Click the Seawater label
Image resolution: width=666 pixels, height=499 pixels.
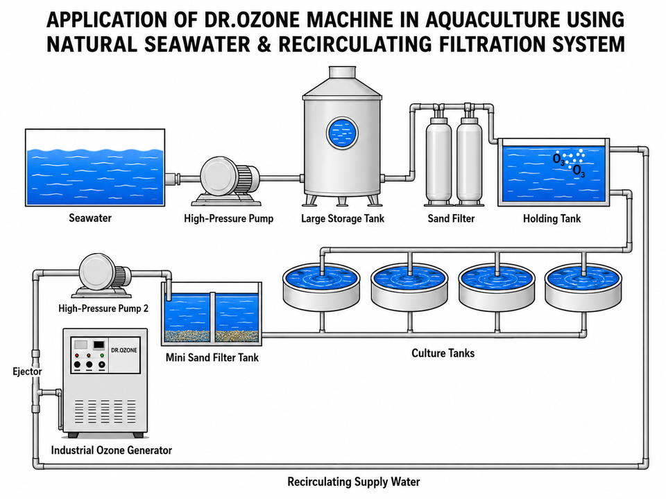point(90,218)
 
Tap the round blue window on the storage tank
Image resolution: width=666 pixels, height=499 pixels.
point(342,133)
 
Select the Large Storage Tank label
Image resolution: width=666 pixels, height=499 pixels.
point(342,218)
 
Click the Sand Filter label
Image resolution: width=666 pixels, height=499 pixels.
point(451,218)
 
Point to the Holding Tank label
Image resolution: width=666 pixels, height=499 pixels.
point(552,218)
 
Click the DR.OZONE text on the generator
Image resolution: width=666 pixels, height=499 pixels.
point(124,350)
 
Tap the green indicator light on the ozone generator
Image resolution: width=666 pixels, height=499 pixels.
point(102,355)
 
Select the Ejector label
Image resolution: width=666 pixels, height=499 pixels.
point(27,371)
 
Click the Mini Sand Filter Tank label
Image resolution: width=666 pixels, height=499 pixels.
point(212,358)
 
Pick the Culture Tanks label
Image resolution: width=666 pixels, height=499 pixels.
point(443,353)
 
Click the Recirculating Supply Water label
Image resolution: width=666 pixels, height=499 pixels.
point(353,482)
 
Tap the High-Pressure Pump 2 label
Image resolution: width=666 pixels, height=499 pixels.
point(103,308)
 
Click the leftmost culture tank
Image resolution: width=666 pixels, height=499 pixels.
point(321,286)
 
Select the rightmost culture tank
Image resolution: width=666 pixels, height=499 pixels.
point(583,286)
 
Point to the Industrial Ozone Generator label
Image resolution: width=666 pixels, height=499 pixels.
point(111,450)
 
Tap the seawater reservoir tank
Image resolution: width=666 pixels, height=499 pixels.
point(95,168)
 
